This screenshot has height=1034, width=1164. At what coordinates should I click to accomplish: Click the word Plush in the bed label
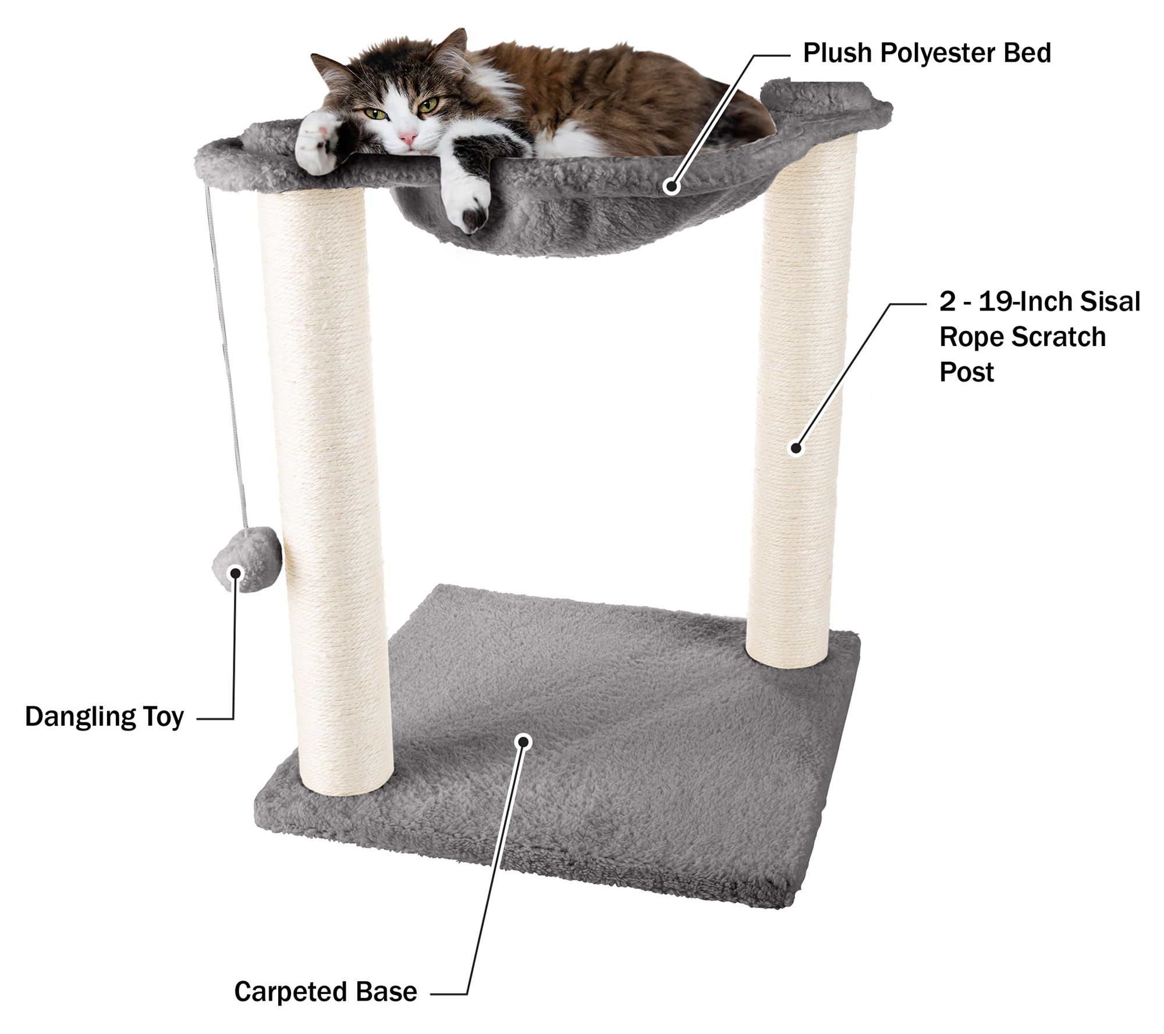click(x=837, y=53)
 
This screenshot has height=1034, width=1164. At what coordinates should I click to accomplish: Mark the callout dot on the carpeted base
click(x=524, y=741)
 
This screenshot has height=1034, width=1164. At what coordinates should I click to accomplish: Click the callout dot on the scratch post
click(x=796, y=448)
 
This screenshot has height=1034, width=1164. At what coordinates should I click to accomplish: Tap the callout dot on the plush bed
click(x=672, y=187)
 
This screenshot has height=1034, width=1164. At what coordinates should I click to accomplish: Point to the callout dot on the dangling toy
click(x=235, y=573)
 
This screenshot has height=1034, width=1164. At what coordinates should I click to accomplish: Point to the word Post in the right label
click(x=967, y=372)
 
